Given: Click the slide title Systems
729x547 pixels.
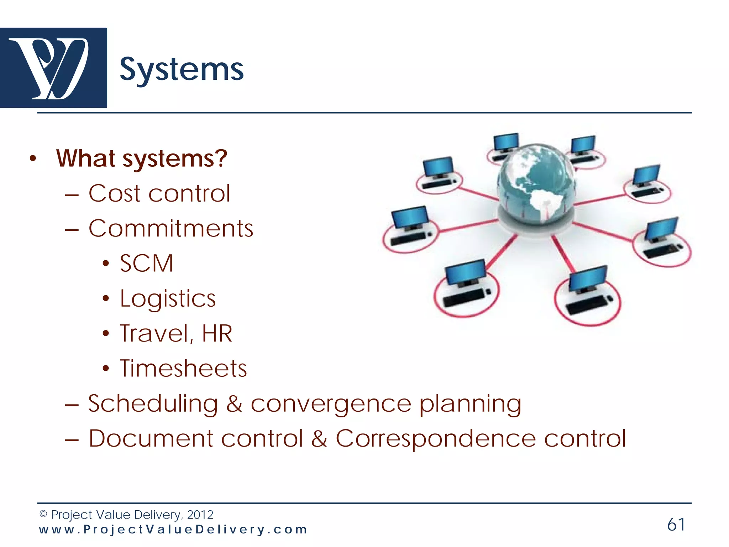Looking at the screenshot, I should [182, 70].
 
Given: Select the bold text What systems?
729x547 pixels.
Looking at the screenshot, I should [142, 158].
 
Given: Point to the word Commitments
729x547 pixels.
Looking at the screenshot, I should [171, 228].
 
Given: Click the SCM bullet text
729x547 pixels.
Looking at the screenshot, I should [146, 264].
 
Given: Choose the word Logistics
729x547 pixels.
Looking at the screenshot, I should [168, 298].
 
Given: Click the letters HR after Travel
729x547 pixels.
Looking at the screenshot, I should [217, 334].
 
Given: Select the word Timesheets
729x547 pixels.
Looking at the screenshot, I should [183, 369].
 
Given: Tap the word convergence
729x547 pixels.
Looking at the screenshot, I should [331, 404].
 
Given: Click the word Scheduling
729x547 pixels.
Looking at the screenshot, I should [153, 404].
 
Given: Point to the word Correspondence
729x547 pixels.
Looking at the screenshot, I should [436, 438].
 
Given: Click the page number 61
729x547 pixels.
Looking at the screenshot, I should [676, 525].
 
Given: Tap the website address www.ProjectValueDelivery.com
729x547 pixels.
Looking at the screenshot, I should [173, 530].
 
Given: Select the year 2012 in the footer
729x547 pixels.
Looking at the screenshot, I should [200, 515].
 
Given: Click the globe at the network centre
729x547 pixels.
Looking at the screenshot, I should [536, 185].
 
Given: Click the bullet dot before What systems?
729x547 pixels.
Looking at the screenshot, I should [33, 159].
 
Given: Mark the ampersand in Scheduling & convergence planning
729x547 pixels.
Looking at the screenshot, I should [234, 404].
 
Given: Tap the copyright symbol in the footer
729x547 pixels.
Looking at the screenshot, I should [43, 514].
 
